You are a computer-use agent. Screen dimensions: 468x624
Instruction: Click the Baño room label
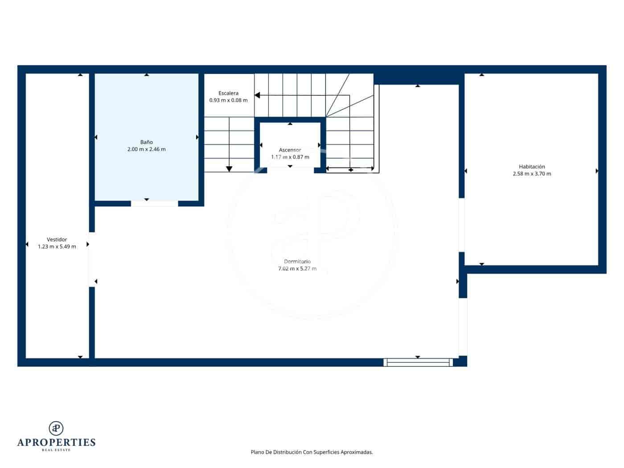pos(146,142)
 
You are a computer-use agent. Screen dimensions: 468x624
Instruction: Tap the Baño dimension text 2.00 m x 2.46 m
pos(146,149)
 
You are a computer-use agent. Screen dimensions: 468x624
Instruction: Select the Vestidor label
pos(57,239)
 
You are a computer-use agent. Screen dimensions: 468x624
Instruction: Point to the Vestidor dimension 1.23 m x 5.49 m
pos(57,246)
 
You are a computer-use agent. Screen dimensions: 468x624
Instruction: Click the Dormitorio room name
pos(297,262)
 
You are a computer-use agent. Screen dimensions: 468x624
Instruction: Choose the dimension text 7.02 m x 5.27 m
pos(297,269)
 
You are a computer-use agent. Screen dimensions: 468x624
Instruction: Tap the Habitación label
pos(532,167)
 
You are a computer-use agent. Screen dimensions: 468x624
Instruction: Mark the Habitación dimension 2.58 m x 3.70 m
pos(532,174)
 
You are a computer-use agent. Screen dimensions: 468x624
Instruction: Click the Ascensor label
pos(290,150)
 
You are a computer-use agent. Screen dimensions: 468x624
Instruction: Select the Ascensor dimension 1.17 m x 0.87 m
pos(290,157)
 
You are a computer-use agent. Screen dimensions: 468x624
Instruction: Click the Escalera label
pos(228,93)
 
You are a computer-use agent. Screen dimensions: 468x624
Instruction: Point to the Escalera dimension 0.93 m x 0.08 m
pos(228,100)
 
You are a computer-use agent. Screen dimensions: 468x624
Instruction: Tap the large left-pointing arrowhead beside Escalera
pos(257,95)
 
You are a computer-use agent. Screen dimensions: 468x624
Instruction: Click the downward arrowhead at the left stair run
pos(229,168)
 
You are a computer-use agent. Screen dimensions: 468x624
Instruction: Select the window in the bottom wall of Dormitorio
pos(418,362)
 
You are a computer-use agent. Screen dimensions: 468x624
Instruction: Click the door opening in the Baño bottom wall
pos(154,204)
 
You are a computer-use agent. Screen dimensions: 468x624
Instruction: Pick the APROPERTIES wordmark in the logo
pos(56,442)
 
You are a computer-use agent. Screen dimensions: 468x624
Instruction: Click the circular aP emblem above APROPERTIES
pos(56,428)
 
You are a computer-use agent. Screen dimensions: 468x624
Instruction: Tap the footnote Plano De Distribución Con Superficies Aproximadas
pos(312,452)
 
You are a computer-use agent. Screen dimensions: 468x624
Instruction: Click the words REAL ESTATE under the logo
pos(56,450)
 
